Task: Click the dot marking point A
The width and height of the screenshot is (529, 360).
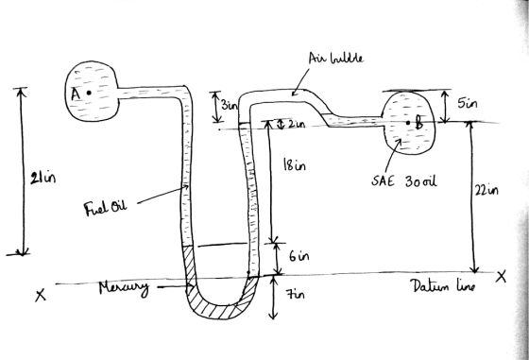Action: pos(89,93)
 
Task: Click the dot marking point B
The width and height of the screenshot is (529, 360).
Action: pos(408,123)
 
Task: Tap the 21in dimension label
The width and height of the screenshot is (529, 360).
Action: pos(43,178)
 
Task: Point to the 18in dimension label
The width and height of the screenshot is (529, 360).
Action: pos(295,164)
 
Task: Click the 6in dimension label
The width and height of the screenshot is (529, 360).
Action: pos(299,256)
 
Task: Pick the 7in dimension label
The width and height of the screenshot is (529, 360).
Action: pos(296,294)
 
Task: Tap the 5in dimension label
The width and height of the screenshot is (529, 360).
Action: pos(468,103)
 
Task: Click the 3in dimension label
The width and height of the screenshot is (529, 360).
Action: pos(230,105)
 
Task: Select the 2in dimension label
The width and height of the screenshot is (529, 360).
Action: pos(297,125)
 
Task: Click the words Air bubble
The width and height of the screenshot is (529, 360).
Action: pos(336,58)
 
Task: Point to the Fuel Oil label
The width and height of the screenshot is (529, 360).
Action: pos(105,207)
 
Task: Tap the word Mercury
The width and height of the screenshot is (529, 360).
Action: pos(124,289)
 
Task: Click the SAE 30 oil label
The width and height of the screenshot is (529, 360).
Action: pos(404,181)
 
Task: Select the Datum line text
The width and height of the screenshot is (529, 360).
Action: pos(443,286)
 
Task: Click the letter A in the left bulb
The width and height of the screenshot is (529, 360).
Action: pos(76,94)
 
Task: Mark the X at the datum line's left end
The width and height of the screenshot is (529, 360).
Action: pos(41,295)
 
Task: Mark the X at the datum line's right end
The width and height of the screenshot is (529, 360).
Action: pos(502,277)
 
